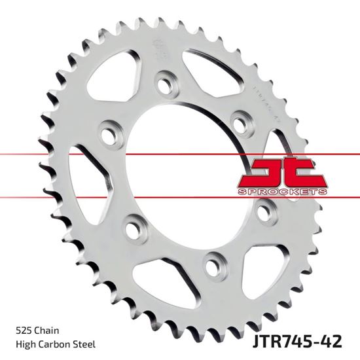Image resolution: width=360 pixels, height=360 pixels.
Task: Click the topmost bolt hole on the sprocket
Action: coord(163,84)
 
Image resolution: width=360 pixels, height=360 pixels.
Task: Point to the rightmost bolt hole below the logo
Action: coord(265,211)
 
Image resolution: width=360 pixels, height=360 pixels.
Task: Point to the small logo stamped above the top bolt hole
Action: coord(155,50)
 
